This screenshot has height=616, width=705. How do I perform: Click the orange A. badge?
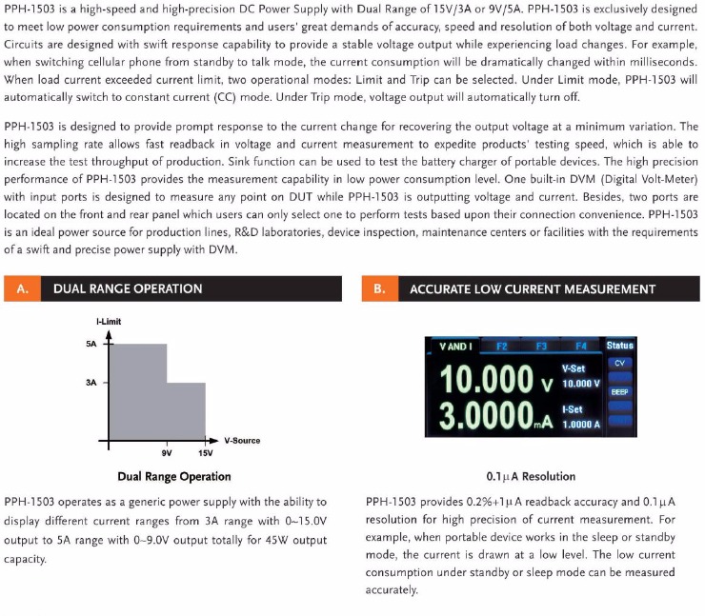pyautogui.click(x=21, y=288)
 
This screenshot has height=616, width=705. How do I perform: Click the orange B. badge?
pyautogui.click(x=378, y=288)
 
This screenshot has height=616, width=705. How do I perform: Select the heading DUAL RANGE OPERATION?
pyautogui.click(x=128, y=288)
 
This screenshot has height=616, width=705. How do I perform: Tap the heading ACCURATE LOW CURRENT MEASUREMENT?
pyautogui.click(x=532, y=288)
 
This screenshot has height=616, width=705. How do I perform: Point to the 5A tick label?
pyautogui.click(x=91, y=345)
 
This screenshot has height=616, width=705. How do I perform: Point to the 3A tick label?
pyautogui.click(x=91, y=383)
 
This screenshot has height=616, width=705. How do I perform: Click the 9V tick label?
pyautogui.click(x=167, y=453)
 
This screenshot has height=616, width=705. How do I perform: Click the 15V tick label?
pyautogui.click(x=205, y=453)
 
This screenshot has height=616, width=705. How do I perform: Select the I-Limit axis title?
pyautogui.click(x=108, y=323)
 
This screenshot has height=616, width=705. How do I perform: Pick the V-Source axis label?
pyautogui.click(x=242, y=441)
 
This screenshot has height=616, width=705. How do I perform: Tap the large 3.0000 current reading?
pyautogui.click(x=484, y=416)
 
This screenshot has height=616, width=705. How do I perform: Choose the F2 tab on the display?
pyautogui.click(x=502, y=346)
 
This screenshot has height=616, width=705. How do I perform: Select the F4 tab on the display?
pyautogui.click(x=581, y=346)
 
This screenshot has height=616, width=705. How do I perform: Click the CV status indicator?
pyautogui.click(x=619, y=363)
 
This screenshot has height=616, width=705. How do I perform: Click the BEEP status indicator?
pyautogui.click(x=619, y=390)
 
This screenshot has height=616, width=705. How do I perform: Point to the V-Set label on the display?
pyautogui.click(x=574, y=368)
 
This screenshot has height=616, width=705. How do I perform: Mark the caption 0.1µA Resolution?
pyautogui.click(x=531, y=476)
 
